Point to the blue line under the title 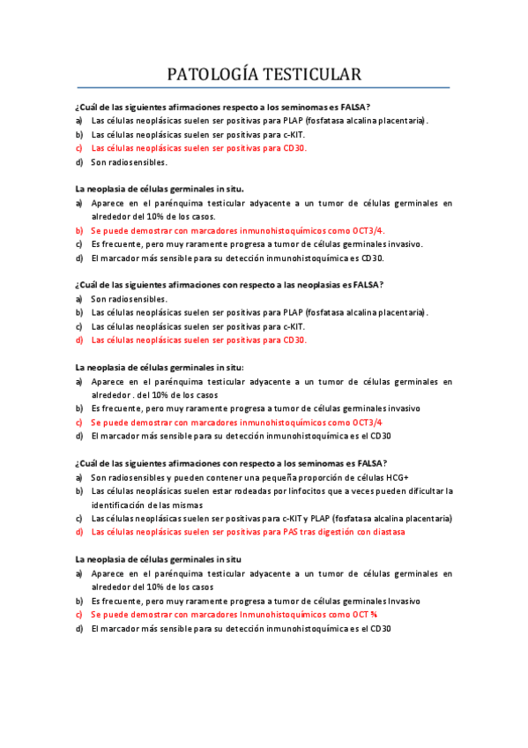pyautogui.click(x=264, y=88)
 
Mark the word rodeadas pyautogui.click(x=249, y=491)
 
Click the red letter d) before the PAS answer pyautogui.click(x=79, y=532)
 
